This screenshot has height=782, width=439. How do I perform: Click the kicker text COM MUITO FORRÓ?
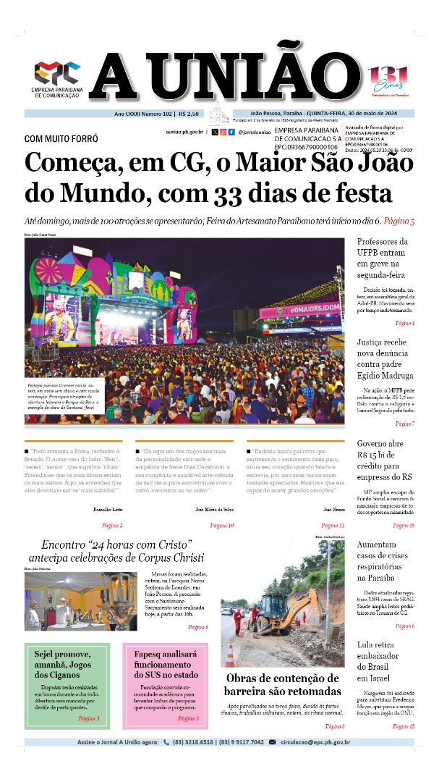(61, 138)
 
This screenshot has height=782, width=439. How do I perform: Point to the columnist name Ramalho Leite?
(108, 510)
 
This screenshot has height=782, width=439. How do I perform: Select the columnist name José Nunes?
(333, 510)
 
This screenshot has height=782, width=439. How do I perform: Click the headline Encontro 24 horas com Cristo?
(116, 551)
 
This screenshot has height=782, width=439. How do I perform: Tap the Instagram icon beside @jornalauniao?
(231, 133)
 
